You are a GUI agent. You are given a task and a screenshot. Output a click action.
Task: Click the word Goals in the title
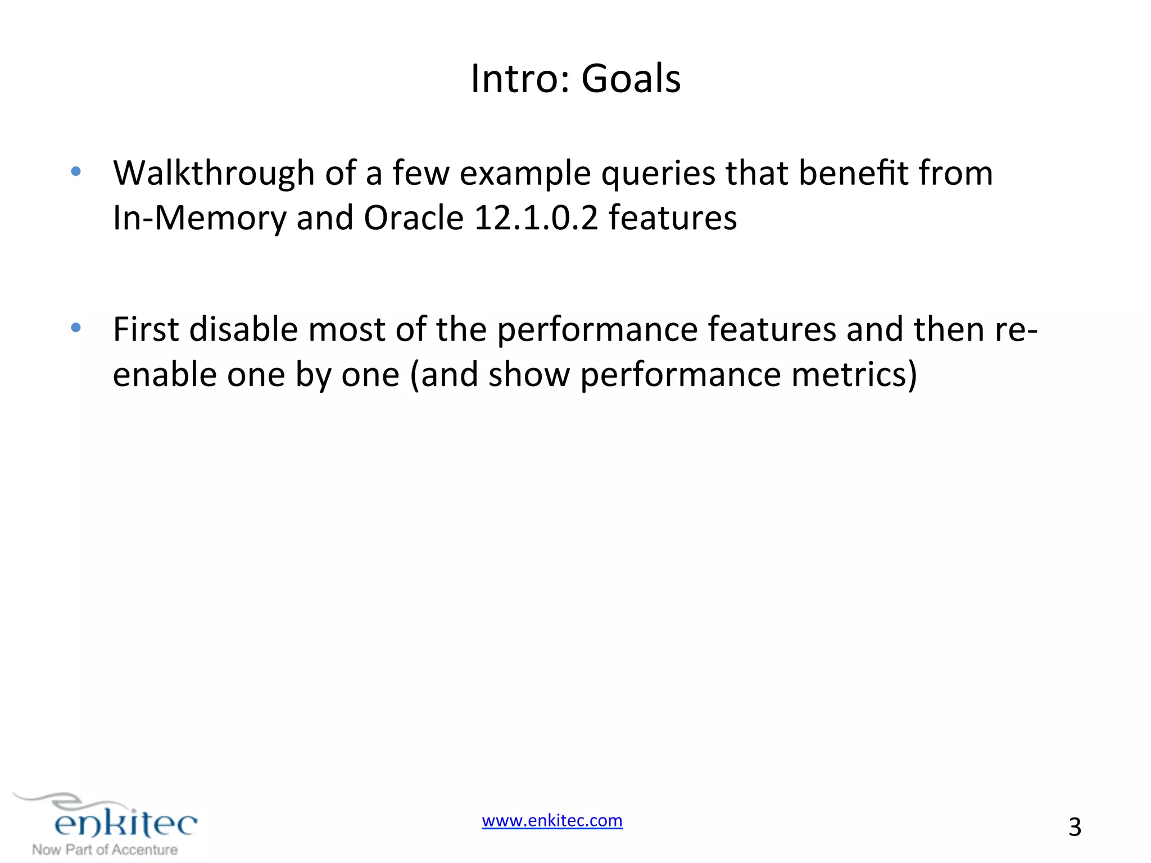pyautogui.click(x=631, y=79)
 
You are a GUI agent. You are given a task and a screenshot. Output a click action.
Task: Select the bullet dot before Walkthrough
pyautogui.click(x=76, y=171)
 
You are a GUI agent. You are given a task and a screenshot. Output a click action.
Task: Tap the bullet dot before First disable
pyautogui.click(x=76, y=328)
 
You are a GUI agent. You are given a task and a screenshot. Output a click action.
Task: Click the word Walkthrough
pyautogui.click(x=214, y=173)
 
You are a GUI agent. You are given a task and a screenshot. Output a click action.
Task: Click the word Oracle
pyautogui.click(x=413, y=218)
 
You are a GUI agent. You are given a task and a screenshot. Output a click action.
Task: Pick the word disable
pyautogui.click(x=243, y=330)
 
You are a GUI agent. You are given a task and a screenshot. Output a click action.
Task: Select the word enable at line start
pyautogui.click(x=164, y=375)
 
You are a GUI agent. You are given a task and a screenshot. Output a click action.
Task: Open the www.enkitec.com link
pyautogui.click(x=552, y=821)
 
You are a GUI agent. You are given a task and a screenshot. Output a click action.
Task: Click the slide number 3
pyautogui.click(x=1075, y=827)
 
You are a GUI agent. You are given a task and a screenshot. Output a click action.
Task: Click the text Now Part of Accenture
pyautogui.click(x=105, y=850)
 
